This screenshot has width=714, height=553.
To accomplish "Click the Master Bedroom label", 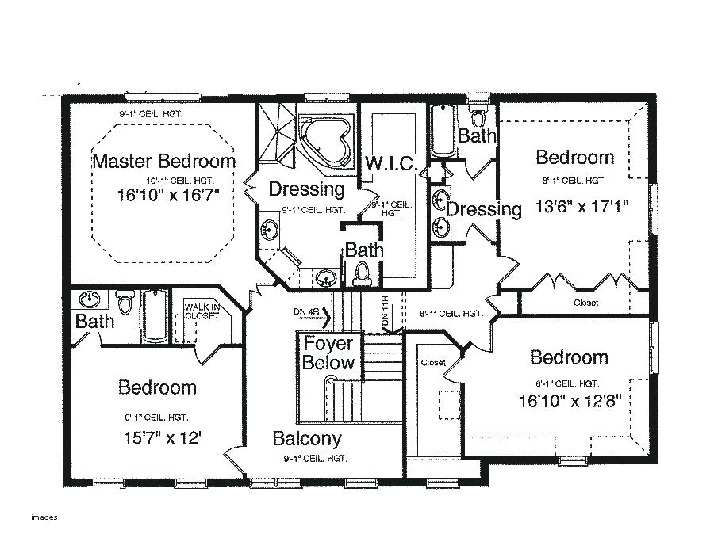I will pyautogui.click(x=164, y=162).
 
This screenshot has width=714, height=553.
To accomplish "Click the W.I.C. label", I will pyautogui.click(x=391, y=163).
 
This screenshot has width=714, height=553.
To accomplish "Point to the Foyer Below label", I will pyautogui.click(x=328, y=354).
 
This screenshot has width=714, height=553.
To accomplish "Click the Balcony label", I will pyautogui.click(x=307, y=438).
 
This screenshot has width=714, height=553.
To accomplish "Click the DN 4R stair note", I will pyautogui.click(x=306, y=311).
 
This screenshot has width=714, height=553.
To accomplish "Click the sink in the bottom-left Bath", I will pyautogui.click(x=88, y=300).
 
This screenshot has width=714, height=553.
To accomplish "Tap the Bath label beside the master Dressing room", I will pyautogui.click(x=364, y=250).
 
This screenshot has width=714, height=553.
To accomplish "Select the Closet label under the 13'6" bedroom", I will pyautogui.click(x=585, y=303).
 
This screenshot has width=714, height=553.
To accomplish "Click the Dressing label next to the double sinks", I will pyautogui.click(x=484, y=209).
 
